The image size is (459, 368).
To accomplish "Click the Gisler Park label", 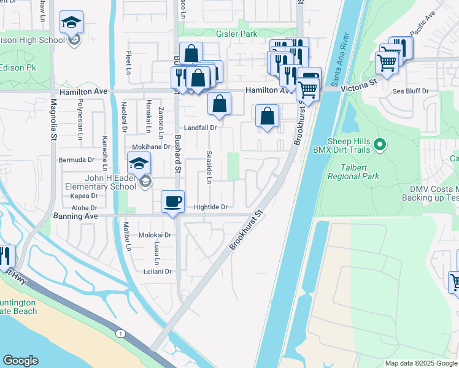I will click(x=236, y=34).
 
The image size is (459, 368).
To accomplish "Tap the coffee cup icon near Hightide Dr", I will click(x=172, y=201).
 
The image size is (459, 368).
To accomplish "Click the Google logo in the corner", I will click(x=20, y=361).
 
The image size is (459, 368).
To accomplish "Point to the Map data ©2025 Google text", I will click(x=421, y=363).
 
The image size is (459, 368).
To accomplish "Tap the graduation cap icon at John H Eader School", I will click(x=139, y=164).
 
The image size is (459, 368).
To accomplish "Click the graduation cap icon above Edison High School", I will click(x=71, y=23).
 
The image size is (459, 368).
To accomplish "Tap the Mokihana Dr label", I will click(x=151, y=147).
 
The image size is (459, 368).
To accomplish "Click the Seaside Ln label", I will click(x=209, y=167).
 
